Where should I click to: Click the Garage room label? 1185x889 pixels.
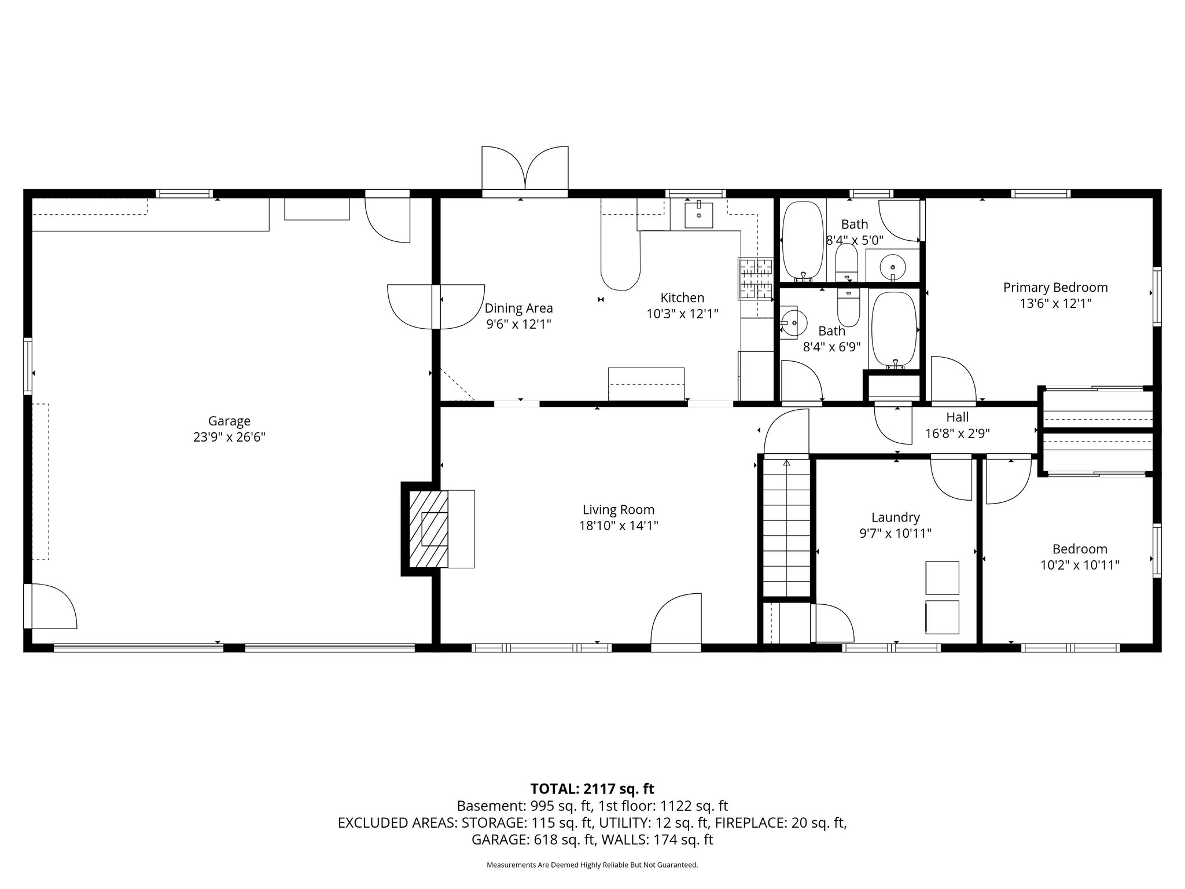[229, 421]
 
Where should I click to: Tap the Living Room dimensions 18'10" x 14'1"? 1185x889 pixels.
[619, 526]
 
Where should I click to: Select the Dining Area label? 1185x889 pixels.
[518, 308]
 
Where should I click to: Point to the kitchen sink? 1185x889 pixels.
[698, 215]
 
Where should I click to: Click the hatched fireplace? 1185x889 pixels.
[429, 529]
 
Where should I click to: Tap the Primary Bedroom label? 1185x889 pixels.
[1055, 288]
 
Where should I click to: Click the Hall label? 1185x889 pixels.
[958, 417]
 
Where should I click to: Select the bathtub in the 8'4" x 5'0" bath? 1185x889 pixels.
[802, 241]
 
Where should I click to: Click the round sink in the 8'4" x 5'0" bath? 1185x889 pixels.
[893, 267]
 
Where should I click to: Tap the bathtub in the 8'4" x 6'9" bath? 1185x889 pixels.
[895, 330]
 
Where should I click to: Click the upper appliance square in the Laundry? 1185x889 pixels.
[942, 577]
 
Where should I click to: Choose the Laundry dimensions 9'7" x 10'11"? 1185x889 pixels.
[896, 533]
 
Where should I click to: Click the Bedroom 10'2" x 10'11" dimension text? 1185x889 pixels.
[1080, 565]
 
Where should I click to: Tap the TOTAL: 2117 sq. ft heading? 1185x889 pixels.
[592, 788]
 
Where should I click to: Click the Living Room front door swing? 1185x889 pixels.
[676, 619]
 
